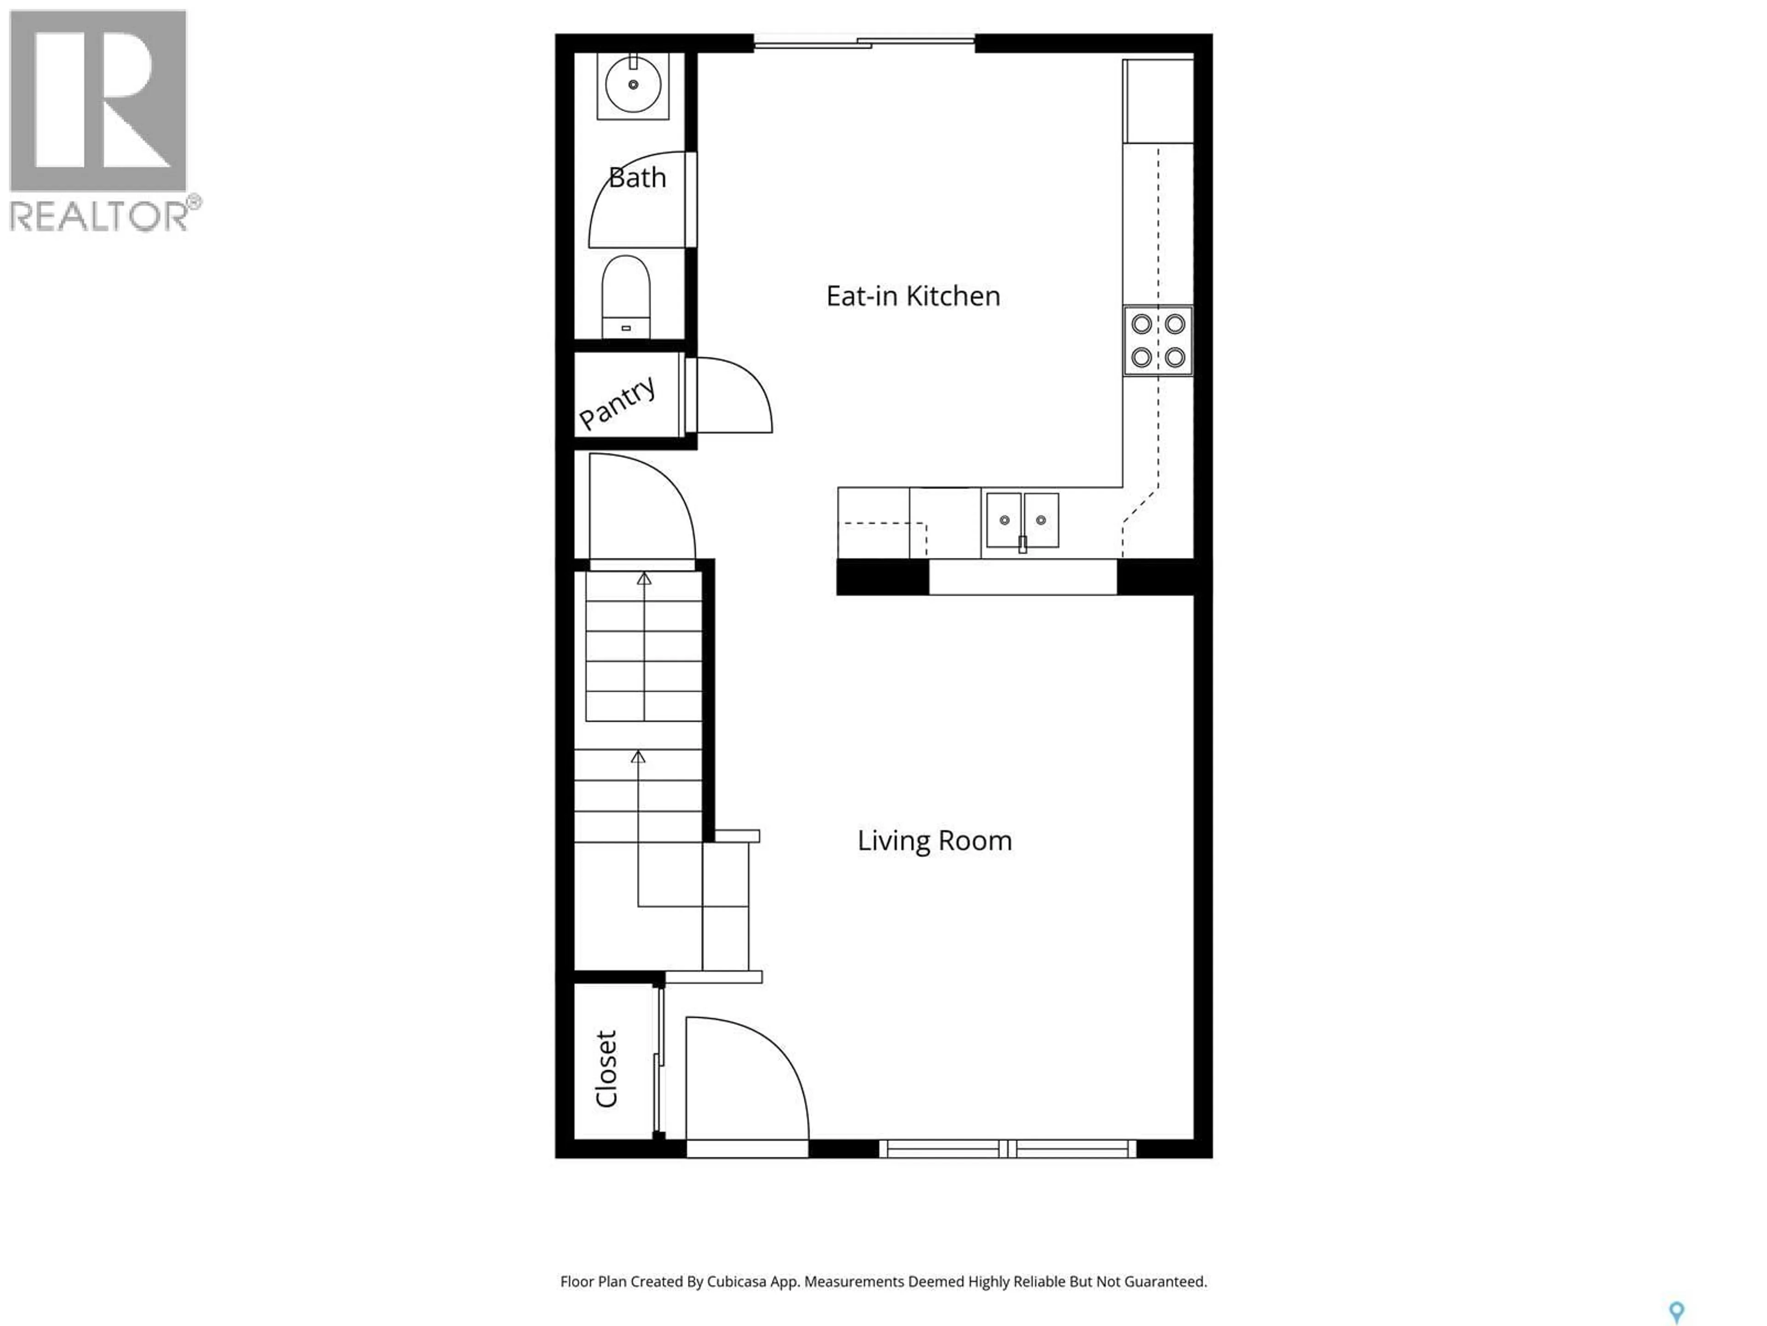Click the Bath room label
pos(637,177)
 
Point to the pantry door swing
pos(731,395)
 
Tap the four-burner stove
pos(1157,341)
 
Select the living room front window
pos(1007,1149)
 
